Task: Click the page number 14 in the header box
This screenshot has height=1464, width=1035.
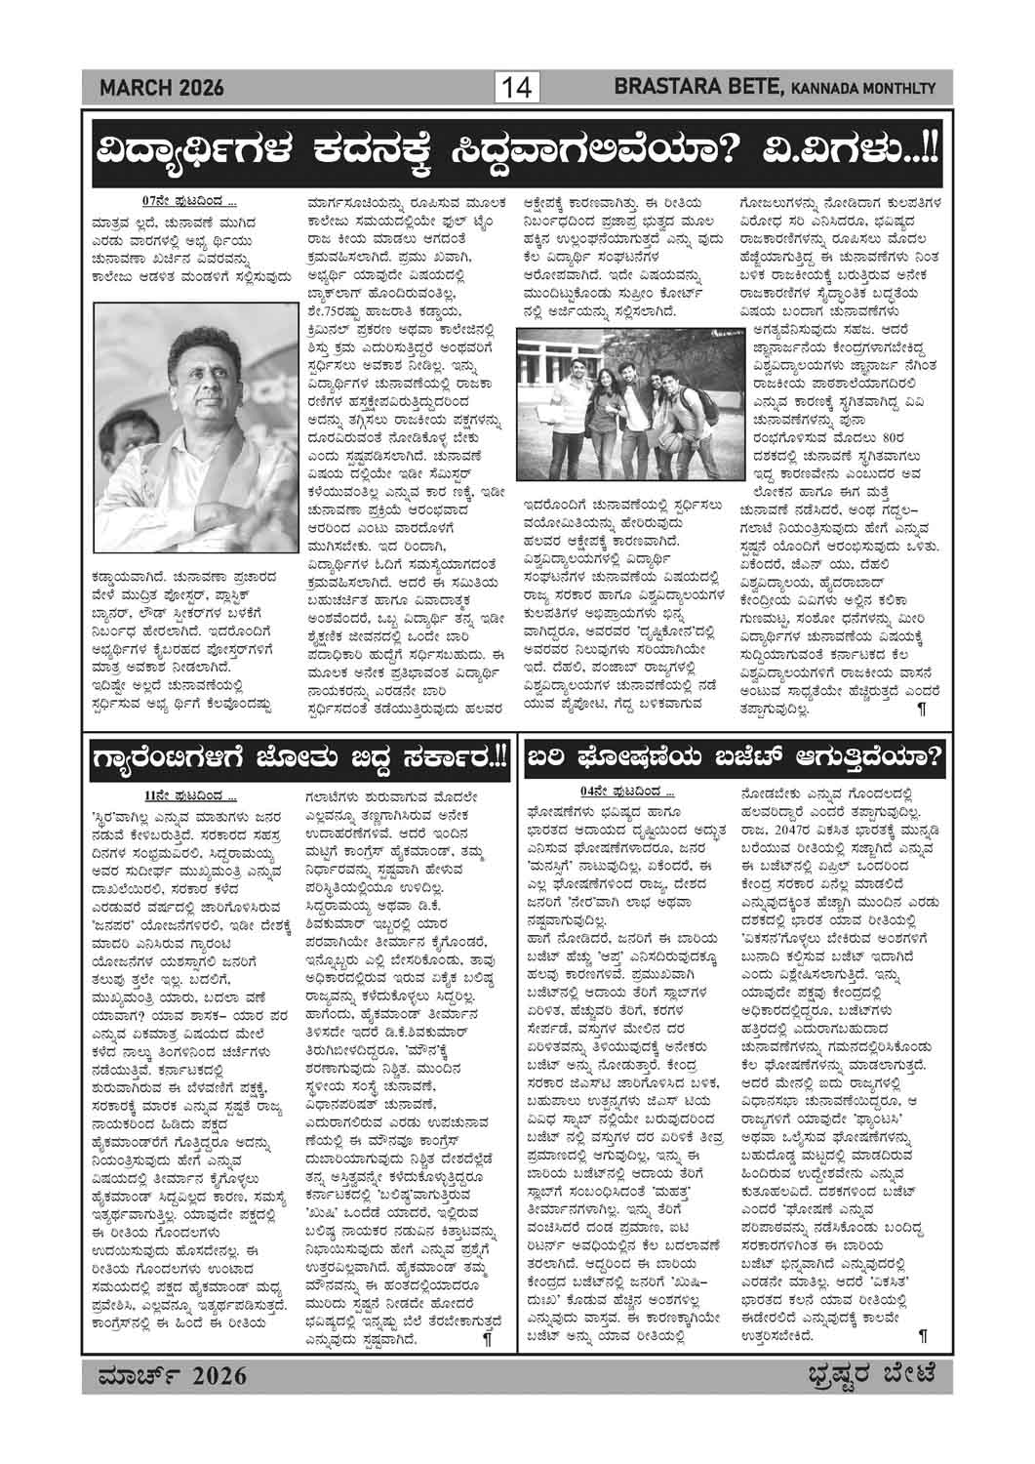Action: pos(516,89)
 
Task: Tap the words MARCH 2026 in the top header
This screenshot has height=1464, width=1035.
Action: pos(162,89)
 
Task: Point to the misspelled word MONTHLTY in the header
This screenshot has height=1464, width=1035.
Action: pos(899,90)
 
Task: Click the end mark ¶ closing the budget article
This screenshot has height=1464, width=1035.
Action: pos(922,1332)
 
